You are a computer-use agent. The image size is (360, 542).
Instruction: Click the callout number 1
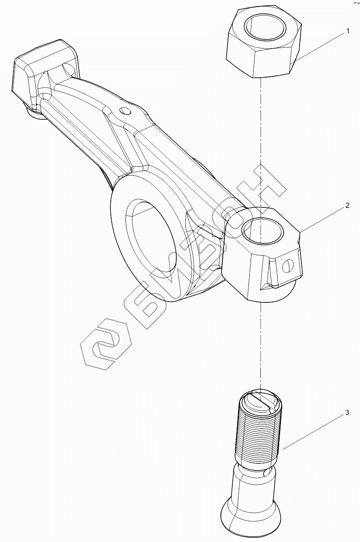[347, 31]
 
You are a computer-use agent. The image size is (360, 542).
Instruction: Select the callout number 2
[347, 206]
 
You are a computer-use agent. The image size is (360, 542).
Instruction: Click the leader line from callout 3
[313, 431]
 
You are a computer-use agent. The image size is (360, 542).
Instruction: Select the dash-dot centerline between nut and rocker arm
[260, 143]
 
